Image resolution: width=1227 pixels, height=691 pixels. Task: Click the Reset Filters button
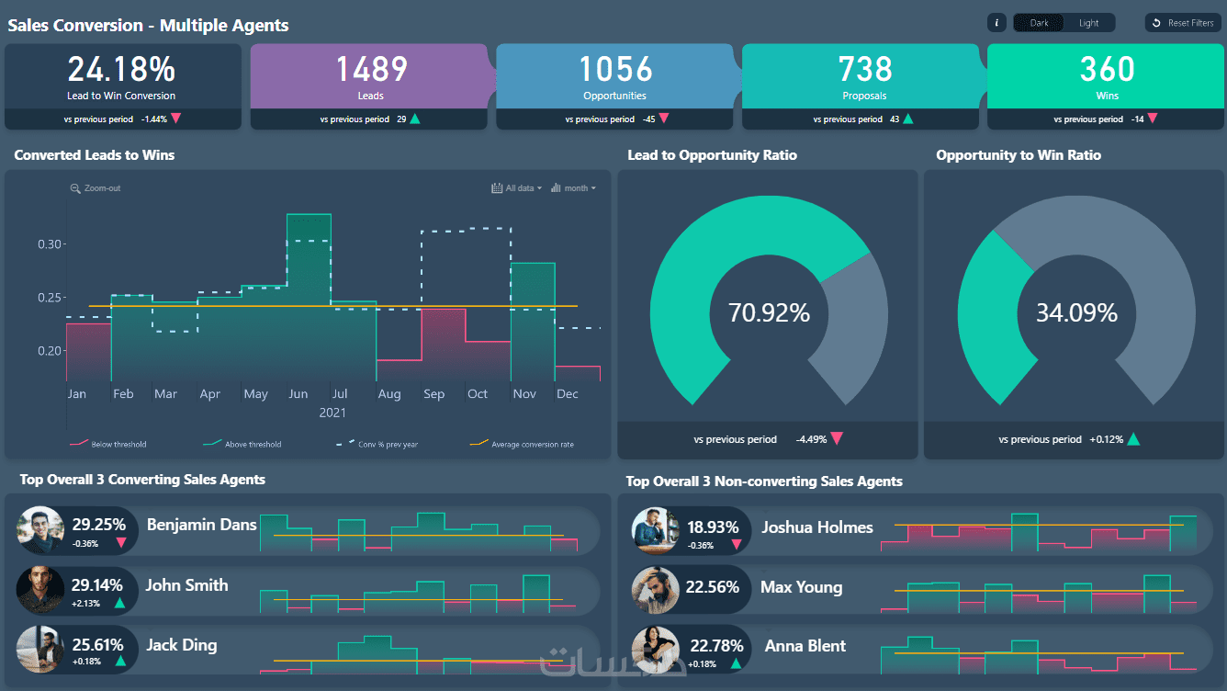1183,23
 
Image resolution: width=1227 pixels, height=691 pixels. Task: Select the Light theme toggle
1088,23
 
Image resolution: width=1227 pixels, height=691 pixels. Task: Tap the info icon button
996,23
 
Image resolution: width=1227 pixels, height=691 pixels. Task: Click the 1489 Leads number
371,69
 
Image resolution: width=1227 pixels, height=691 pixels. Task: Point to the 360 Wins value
1107,69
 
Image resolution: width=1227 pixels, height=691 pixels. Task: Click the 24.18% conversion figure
121,69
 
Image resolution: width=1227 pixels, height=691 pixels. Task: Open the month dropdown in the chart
573,188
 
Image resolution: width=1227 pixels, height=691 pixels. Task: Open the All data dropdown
516,188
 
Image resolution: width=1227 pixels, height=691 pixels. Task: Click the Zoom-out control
96,188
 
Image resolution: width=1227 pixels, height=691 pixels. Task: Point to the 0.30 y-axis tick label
49,244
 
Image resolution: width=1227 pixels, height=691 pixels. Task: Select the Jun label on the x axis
298,393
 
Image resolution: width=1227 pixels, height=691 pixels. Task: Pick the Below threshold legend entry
108,444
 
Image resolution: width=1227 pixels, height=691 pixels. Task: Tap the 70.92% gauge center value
769,313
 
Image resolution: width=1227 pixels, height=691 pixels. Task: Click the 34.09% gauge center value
1076,313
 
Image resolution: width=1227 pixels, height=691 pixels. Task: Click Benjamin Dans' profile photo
40,530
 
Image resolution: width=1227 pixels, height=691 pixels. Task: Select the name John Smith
186,585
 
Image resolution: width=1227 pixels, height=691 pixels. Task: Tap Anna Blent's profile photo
655,651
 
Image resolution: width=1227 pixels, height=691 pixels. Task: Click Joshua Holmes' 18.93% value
713,527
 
